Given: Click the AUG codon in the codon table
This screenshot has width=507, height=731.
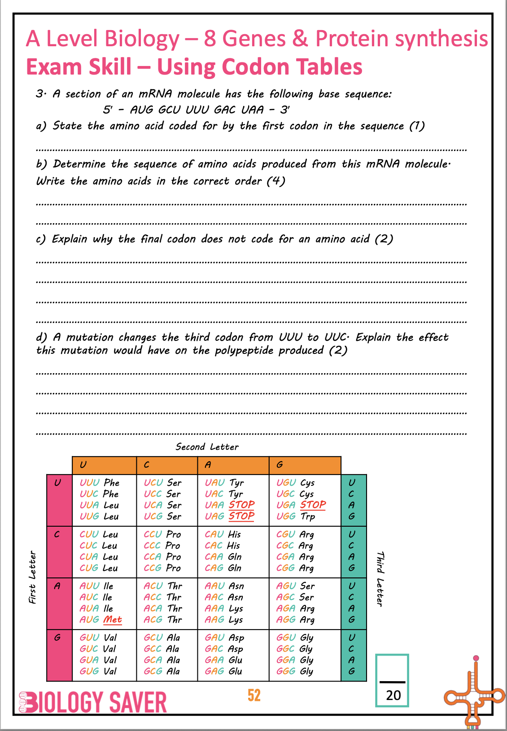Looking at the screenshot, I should point(89,620).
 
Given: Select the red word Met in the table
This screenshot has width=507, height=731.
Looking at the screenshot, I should point(113,620).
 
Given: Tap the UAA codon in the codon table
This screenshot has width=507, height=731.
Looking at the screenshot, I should point(214,505).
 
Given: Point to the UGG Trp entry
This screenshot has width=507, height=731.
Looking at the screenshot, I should point(296,516).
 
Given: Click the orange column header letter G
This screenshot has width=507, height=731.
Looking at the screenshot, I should point(280,465).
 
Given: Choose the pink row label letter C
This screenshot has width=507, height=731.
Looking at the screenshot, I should point(57,534).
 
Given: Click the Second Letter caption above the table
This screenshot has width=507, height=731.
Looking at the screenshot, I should point(207,447).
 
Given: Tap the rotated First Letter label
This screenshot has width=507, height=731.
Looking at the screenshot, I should point(32,577).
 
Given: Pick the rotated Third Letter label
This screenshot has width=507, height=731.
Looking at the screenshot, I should point(380,579).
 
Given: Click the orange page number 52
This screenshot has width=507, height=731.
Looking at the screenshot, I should point(254,695).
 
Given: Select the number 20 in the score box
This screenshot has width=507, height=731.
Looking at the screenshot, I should point(393,695).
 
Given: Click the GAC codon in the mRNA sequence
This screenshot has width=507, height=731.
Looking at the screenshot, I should point(224,110).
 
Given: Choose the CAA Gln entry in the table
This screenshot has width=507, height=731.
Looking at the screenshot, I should point(223,557).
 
